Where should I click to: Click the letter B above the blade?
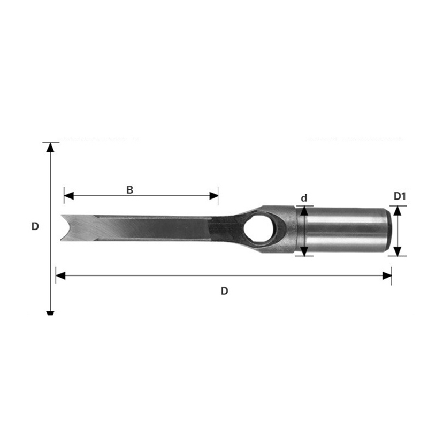pyautogui.click(x=129, y=190)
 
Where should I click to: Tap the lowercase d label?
pyautogui.click(x=304, y=198)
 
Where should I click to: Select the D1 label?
pyautogui.click(x=400, y=196)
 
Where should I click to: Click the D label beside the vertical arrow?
pyautogui.click(x=35, y=226)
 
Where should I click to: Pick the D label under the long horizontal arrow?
pyautogui.click(x=225, y=291)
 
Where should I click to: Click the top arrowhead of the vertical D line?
pyautogui.click(x=50, y=147)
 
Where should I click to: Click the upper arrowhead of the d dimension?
pyautogui.click(x=304, y=210)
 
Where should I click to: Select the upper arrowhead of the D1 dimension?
pyautogui.click(x=398, y=210)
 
